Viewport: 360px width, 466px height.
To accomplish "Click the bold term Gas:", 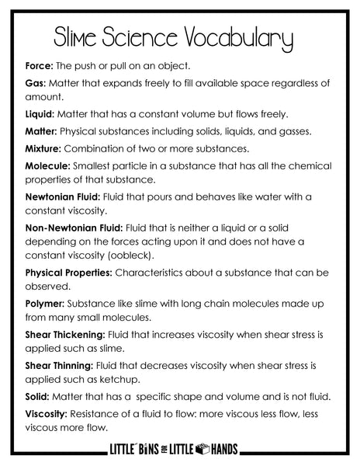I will coord(36,83).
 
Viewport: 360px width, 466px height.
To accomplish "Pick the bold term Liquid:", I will coord(42,113).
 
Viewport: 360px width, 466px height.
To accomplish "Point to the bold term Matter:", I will coord(42,131).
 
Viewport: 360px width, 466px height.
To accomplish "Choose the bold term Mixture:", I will coord(45,148).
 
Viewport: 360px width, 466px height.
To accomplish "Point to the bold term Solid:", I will coord(38,396).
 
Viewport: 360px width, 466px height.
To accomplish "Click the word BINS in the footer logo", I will coord(152,449).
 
